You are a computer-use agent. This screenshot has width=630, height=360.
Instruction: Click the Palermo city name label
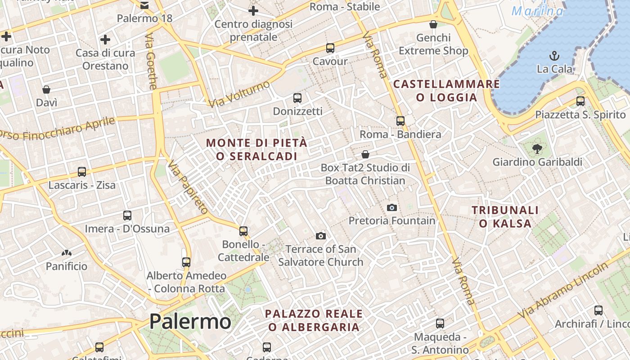click(190, 322)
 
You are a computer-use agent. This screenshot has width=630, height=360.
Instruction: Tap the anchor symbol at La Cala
click(554, 56)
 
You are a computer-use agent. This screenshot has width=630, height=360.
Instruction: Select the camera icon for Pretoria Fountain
click(392, 207)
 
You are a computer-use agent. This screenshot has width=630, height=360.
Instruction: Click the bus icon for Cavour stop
click(330, 48)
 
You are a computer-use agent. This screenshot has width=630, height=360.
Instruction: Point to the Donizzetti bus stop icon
click(297, 98)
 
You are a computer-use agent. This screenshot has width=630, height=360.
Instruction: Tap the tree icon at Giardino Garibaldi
click(536, 148)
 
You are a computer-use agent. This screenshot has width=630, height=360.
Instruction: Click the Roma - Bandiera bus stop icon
click(400, 121)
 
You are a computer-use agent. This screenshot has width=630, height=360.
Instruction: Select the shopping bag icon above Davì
click(46, 90)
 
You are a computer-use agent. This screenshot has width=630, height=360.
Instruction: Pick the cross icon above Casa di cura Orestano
click(105, 40)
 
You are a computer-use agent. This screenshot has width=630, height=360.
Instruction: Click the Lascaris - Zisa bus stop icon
click(81, 171)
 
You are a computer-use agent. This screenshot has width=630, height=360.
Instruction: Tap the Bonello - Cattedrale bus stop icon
click(243, 231)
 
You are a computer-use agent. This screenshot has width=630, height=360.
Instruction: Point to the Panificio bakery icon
click(67, 253)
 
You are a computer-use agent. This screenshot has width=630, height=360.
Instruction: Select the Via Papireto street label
click(188, 187)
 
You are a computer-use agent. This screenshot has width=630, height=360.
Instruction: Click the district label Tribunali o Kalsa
click(505, 216)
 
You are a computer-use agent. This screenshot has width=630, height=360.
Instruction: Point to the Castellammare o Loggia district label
click(446, 90)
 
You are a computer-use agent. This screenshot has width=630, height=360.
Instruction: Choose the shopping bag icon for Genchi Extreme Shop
click(433, 24)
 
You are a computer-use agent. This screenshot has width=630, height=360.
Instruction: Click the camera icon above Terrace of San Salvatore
click(320, 236)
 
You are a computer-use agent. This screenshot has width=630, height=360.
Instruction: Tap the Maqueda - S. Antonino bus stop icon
click(440, 323)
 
